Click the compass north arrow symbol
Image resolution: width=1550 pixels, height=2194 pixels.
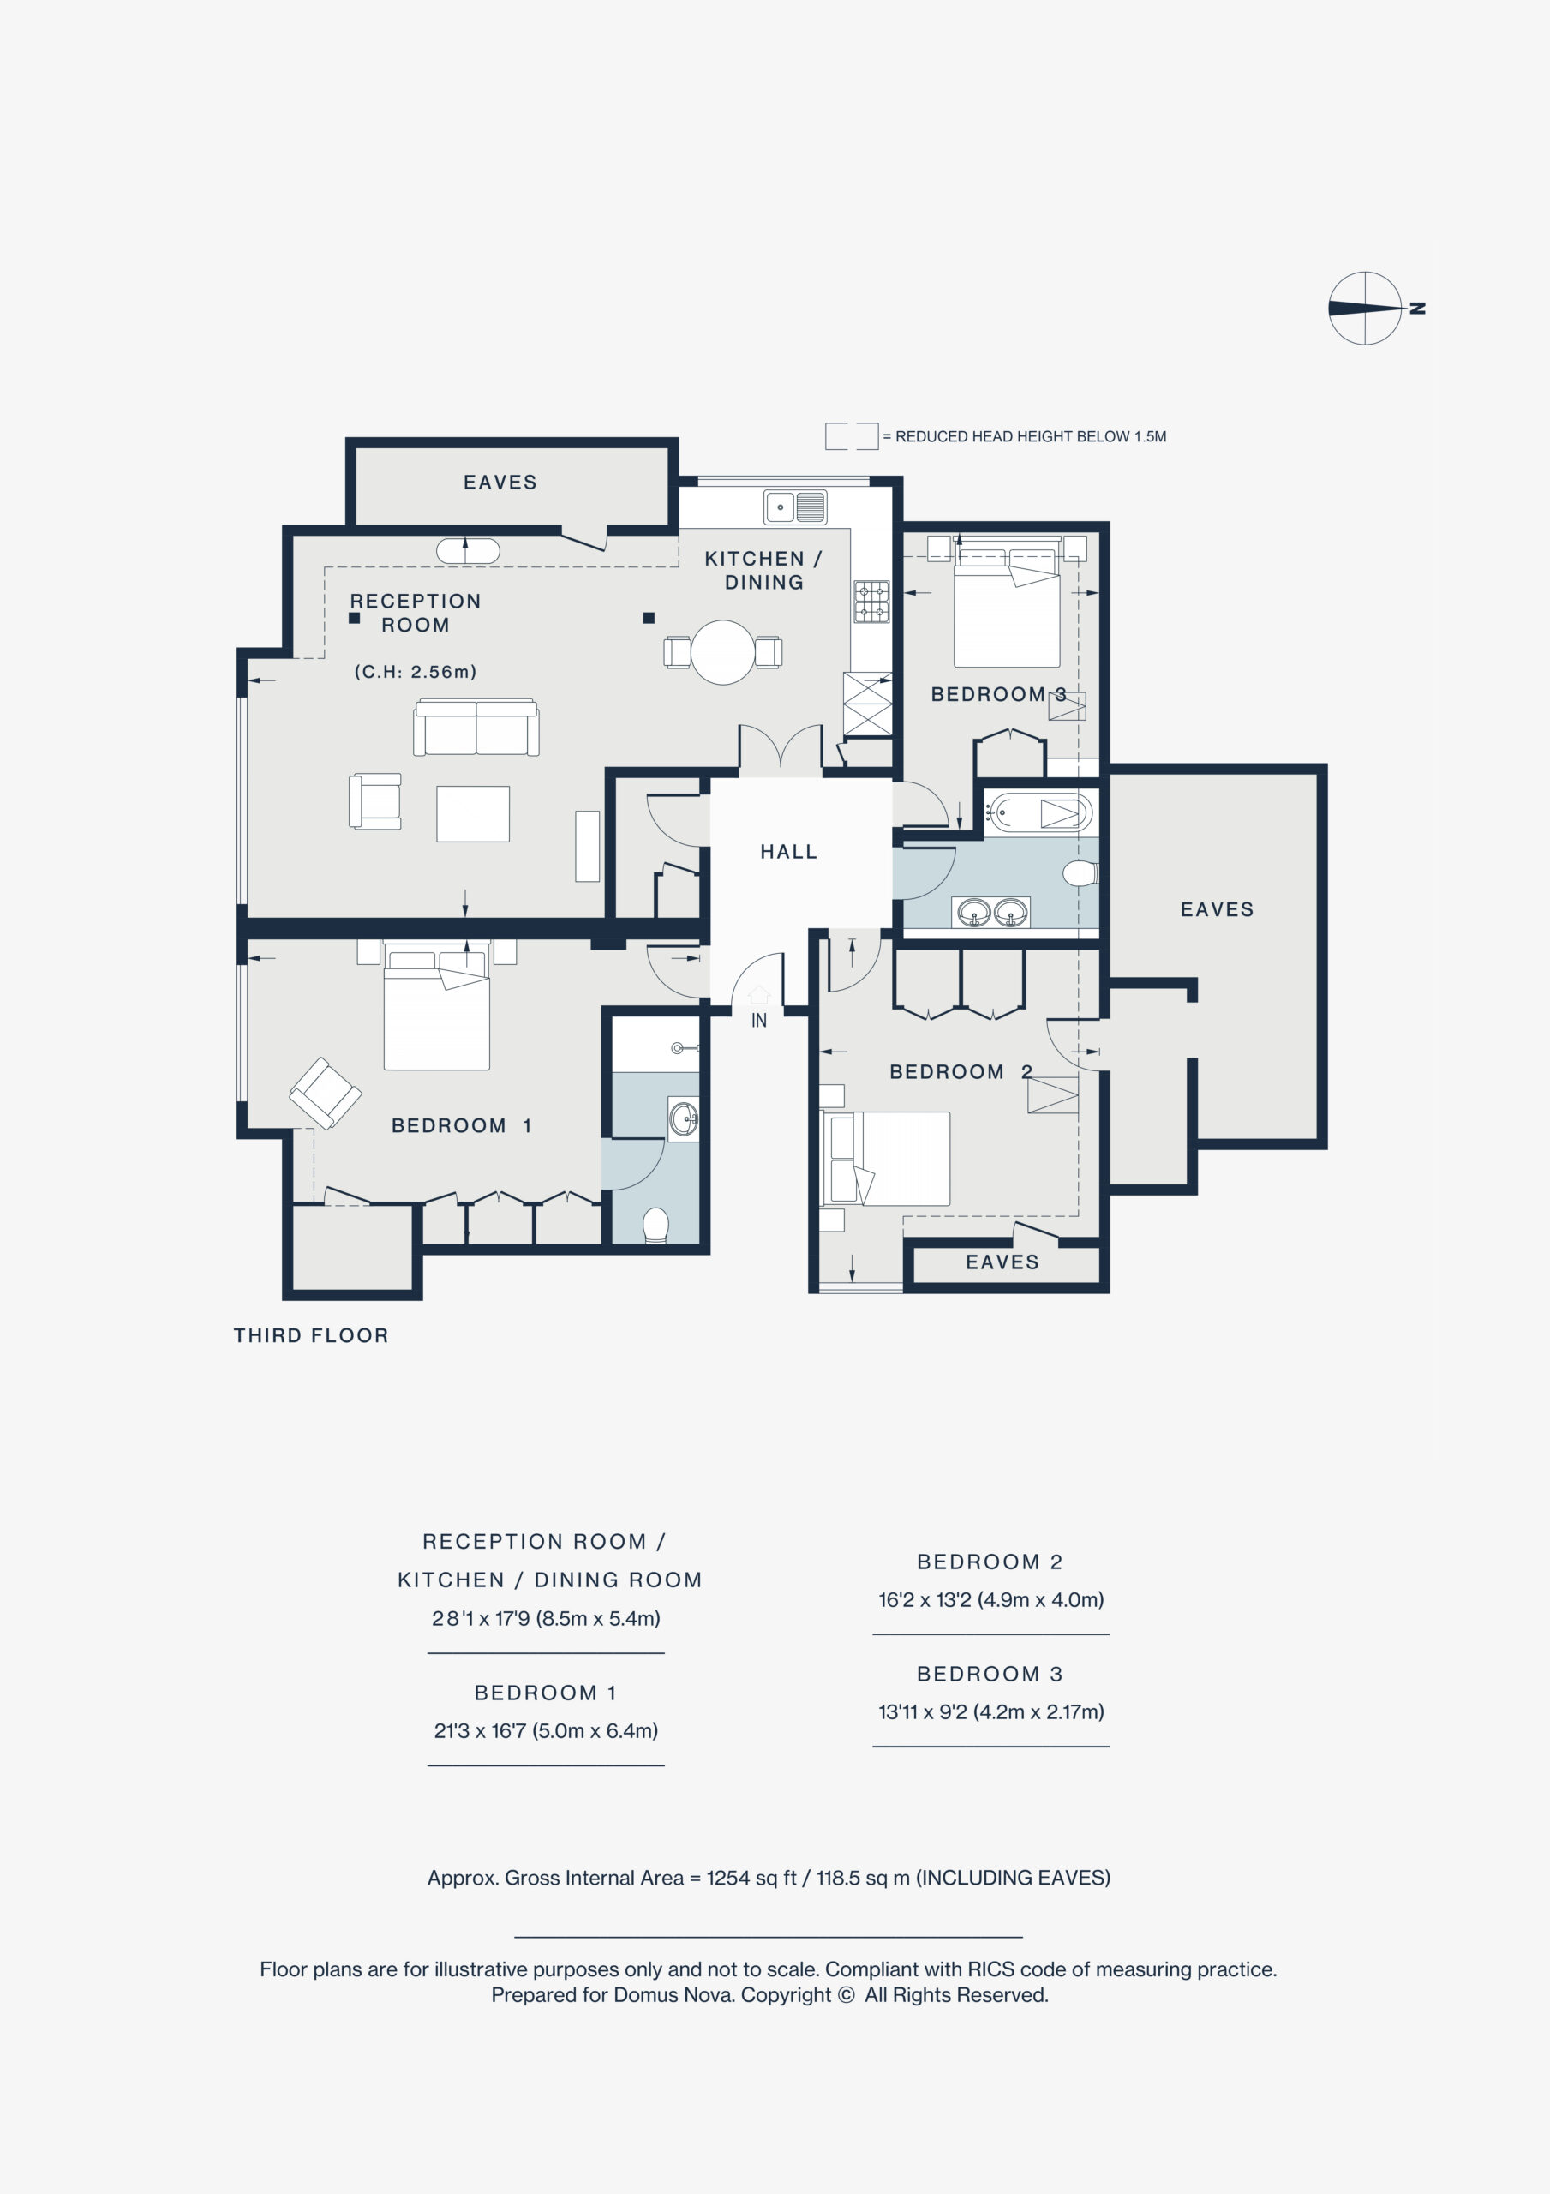click(x=1366, y=309)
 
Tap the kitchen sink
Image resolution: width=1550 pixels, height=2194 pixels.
click(x=795, y=507)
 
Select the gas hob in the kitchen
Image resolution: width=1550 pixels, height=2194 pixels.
click(x=871, y=601)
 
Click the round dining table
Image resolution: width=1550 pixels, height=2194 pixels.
click(x=723, y=653)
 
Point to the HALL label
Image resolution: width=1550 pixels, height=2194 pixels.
click(x=788, y=851)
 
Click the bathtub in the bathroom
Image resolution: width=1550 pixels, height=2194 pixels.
click(x=1038, y=813)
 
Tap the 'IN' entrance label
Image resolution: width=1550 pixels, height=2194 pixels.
click(x=759, y=1021)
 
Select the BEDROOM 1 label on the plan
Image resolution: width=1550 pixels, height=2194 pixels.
click(x=461, y=1125)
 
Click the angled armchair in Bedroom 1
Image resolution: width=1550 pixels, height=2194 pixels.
click(x=326, y=1094)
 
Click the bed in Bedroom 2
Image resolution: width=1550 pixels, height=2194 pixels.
click(x=886, y=1158)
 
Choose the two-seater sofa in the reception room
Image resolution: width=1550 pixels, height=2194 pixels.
click(x=476, y=728)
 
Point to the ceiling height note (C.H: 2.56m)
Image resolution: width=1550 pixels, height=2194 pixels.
click(x=416, y=672)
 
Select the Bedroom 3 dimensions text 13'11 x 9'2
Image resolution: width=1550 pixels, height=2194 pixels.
click(x=991, y=1711)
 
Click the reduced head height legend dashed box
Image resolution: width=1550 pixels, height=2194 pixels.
click(x=852, y=435)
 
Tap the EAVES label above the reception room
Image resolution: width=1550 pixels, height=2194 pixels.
click(x=500, y=483)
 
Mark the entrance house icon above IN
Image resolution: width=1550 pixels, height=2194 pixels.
click(x=759, y=996)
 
